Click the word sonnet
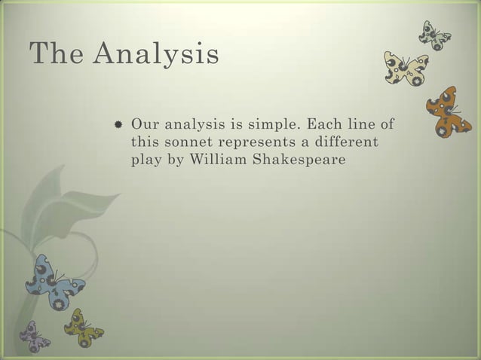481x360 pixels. (187, 141)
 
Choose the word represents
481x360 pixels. (252, 142)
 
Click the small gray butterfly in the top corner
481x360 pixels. (435, 33)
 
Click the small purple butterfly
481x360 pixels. (34, 335)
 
